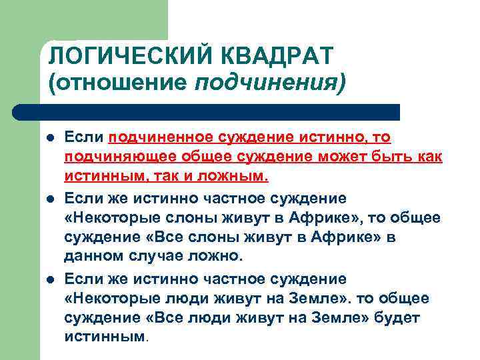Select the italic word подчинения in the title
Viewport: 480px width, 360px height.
point(270,83)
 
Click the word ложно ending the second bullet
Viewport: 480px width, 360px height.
point(221,257)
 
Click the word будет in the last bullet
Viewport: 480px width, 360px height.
point(397,317)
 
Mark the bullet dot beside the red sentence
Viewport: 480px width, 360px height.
point(50,137)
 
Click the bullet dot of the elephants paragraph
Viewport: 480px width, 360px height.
point(50,197)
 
